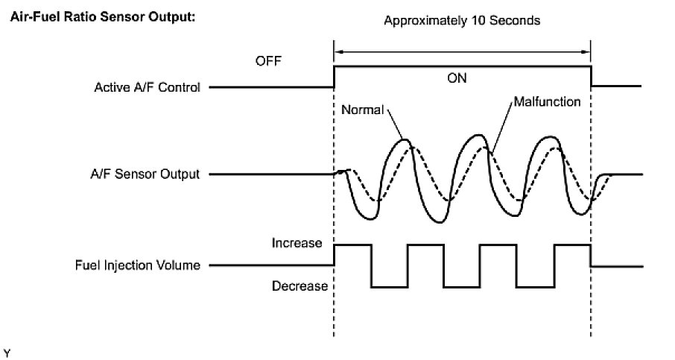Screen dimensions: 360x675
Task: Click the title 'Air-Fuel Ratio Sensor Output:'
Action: coord(101,16)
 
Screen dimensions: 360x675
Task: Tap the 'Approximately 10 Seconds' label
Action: coord(461,21)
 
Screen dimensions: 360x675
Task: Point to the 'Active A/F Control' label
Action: coord(147,88)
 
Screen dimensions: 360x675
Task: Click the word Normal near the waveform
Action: coord(361,110)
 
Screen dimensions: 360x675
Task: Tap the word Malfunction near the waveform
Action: coord(547,101)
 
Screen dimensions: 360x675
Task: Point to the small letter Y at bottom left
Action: coord(7,350)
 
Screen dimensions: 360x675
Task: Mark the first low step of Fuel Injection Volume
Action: coord(390,286)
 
